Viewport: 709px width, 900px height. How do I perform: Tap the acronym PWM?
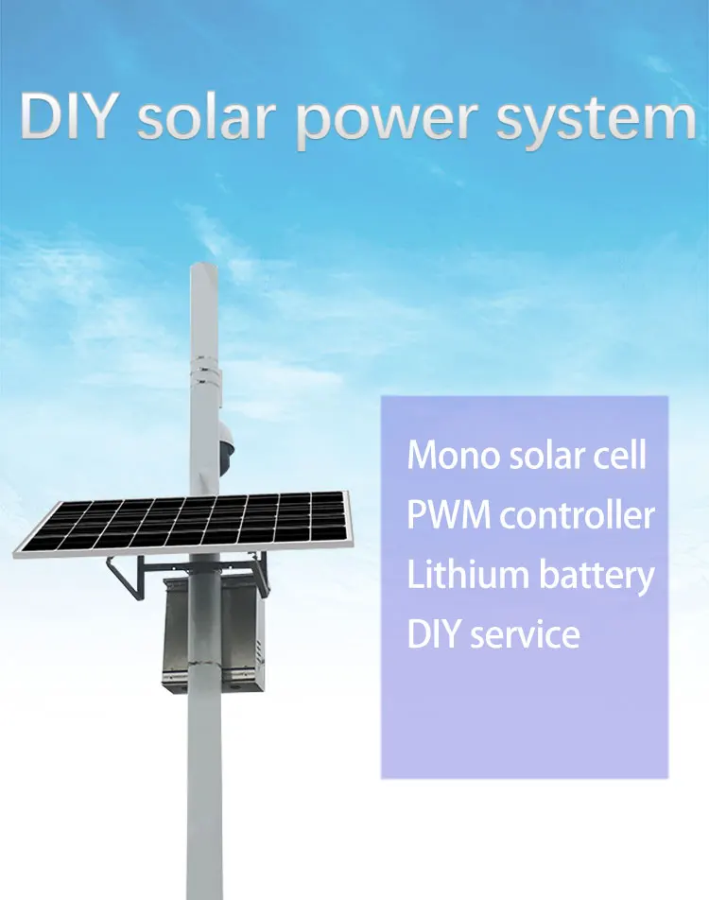tap(449, 515)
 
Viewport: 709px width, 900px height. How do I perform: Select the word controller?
tap(578, 515)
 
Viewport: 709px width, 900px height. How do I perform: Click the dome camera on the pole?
tap(228, 438)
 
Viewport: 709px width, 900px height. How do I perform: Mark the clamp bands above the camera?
tap(203, 367)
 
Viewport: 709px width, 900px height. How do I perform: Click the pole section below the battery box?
tap(204, 794)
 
